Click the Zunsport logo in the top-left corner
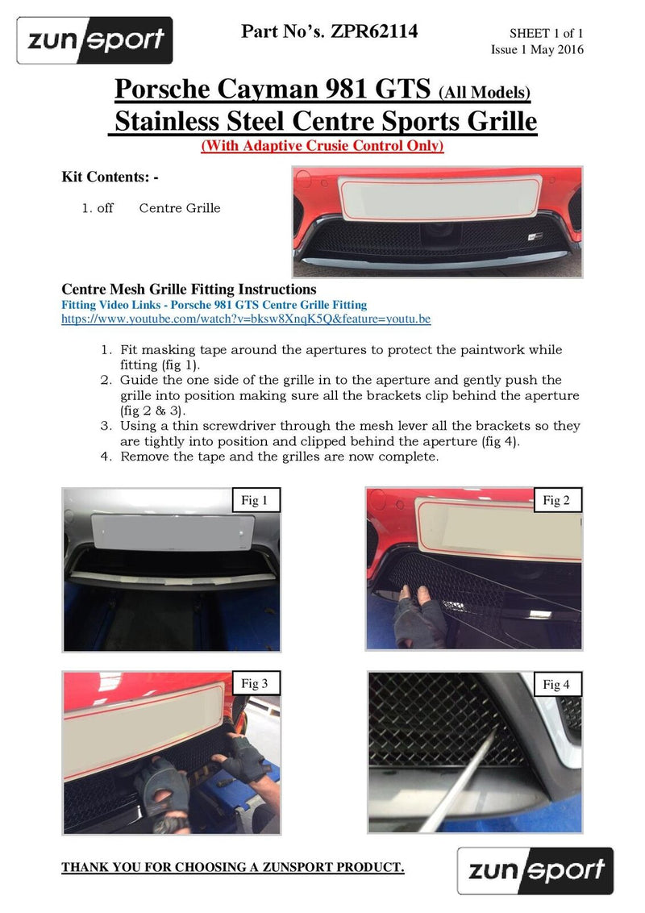(94, 40)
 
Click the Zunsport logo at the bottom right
(535, 870)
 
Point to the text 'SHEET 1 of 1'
(546, 34)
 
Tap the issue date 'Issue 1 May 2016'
(537, 50)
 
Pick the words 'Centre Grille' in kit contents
(180, 208)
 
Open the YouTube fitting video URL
(246, 319)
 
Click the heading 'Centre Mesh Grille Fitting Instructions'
(189, 289)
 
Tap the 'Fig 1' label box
(255, 500)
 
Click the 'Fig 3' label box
(255, 684)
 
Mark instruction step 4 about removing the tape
(279, 456)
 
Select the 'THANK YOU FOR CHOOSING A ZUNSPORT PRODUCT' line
(233, 867)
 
